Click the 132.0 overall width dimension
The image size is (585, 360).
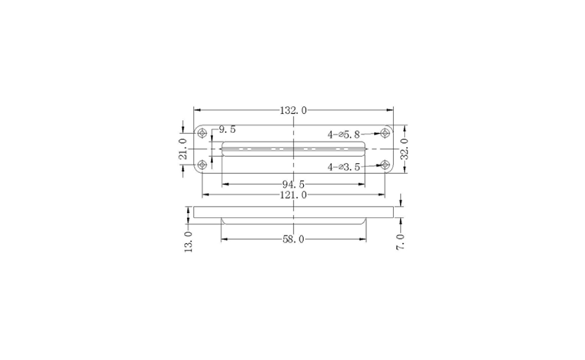pyautogui.click(x=293, y=110)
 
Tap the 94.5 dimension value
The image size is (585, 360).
pyautogui.click(x=293, y=184)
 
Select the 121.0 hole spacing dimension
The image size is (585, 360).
pyautogui.click(x=293, y=195)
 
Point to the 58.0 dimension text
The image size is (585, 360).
pyautogui.click(x=293, y=239)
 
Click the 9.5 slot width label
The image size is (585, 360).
pyautogui.click(x=227, y=130)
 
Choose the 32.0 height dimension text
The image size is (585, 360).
pyautogui.click(x=404, y=149)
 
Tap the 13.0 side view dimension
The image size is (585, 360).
pyautogui.click(x=188, y=241)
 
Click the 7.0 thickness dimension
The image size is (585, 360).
pyautogui.click(x=400, y=242)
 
